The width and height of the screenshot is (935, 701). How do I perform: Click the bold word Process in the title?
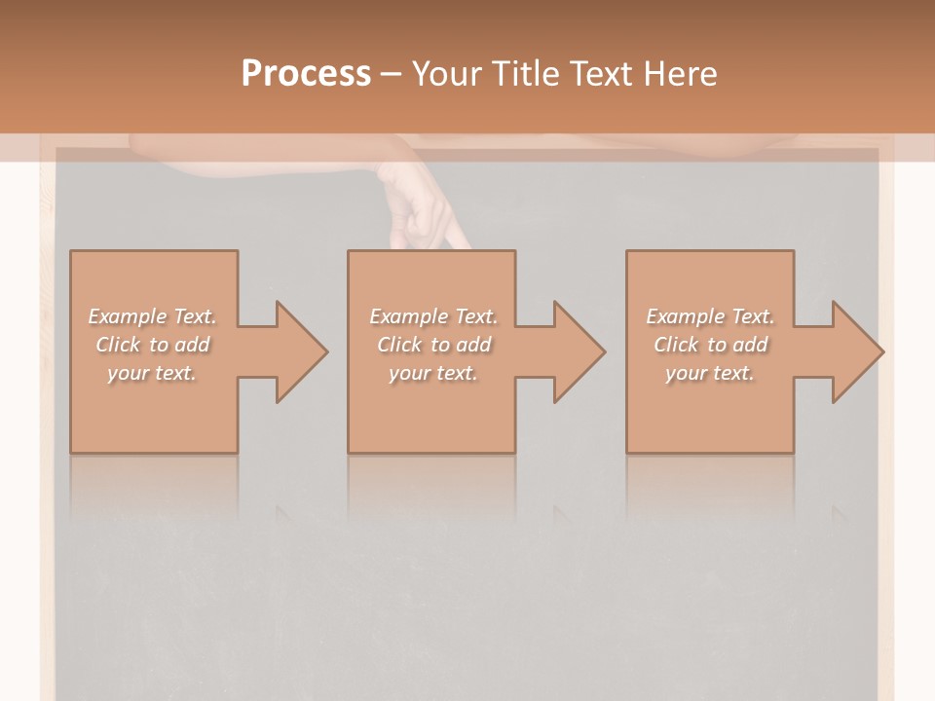pos(306,74)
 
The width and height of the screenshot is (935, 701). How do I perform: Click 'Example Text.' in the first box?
pos(152,316)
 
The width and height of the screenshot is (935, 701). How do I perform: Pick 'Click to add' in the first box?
pos(152,345)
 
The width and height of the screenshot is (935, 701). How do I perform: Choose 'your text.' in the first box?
pos(152,373)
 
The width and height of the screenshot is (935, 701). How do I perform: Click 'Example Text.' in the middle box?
pos(432,316)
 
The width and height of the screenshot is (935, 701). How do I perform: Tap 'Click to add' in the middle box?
pos(432,345)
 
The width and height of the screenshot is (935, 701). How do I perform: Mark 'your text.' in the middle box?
pos(432,373)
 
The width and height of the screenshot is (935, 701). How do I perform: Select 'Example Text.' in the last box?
pos(710,316)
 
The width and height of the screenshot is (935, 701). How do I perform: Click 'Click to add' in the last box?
pos(710,345)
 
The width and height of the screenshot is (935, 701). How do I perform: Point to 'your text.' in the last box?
pos(710,373)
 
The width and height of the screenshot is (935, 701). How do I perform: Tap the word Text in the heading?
pos(603,74)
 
